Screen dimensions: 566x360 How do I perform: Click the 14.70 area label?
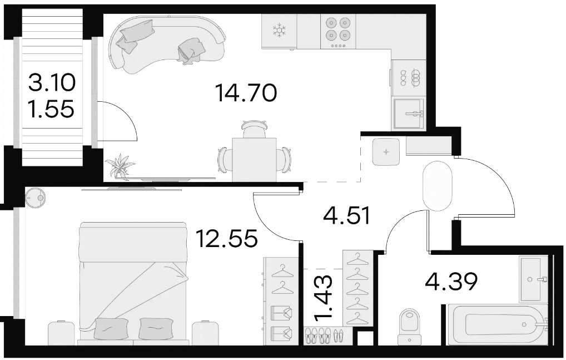pyautogui.click(x=246, y=92)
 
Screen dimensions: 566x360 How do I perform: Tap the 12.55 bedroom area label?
pyautogui.click(x=227, y=238)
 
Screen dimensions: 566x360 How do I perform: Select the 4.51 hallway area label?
pyautogui.click(x=347, y=216)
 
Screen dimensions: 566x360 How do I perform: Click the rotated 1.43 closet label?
pyautogui.click(x=323, y=298)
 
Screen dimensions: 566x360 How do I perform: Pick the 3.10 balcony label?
pyautogui.click(x=52, y=83)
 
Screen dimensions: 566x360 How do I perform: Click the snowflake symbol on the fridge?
pyautogui.click(x=279, y=31)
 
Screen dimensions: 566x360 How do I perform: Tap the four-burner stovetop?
pyautogui.click(x=338, y=31)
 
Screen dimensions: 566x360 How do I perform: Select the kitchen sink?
pyautogui.click(x=409, y=114)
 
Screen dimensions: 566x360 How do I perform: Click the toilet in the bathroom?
pyautogui.click(x=410, y=327)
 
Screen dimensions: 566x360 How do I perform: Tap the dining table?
pyautogui.click(x=255, y=159)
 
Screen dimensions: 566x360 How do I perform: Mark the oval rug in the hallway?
pyautogui.click(x=437, y=185)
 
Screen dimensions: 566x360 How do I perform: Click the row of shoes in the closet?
pyautogui.click(x=323, y=336)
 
